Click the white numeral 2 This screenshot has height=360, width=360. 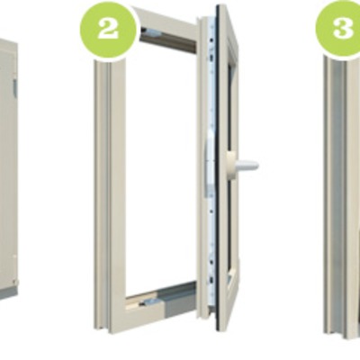click(x=107, y=30)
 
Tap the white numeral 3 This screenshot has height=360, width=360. click(x=343, y=28)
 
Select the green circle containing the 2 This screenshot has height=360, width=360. click(x=108, y=29)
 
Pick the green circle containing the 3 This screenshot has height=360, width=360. click(x=338, y=28)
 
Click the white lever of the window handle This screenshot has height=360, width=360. click(x=247, y=165)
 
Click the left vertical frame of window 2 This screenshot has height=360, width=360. click(x=110, y=196)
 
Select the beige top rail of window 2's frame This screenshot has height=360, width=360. click(x=166, y=28)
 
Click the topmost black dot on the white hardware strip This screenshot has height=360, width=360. click(x=212, y=40)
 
